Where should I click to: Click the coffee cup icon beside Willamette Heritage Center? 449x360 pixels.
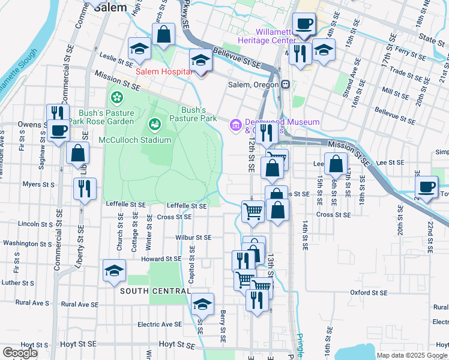[304, 24]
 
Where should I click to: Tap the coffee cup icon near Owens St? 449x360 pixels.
[59, 130]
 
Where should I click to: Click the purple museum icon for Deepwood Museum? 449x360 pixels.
[235, 124]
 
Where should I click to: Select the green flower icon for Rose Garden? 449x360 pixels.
[116, 96]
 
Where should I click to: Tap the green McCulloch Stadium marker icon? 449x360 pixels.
[154, 124]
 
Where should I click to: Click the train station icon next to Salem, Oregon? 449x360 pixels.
[286, 85]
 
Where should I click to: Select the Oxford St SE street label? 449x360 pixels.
[369, 293]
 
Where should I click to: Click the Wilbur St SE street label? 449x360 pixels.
[193, 238]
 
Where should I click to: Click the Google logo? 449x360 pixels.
[20, 353]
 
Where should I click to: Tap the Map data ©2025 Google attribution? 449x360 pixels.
[412, 355]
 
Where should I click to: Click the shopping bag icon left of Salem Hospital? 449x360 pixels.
[163, 34]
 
